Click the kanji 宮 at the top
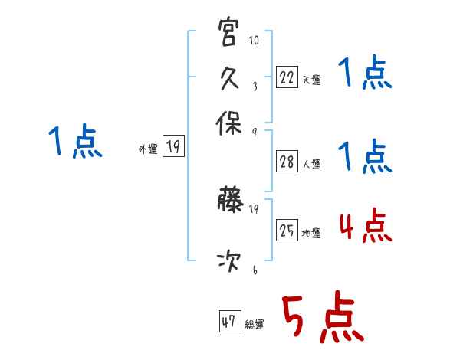(229, 34)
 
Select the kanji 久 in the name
(229, 77)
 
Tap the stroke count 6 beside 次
(254, 270)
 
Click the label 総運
(254, 325)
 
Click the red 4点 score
(365, 227)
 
